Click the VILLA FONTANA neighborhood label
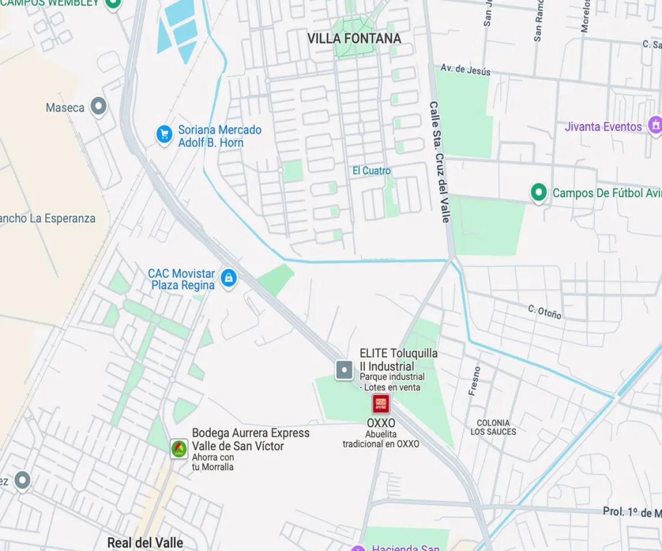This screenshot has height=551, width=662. click(354, 39)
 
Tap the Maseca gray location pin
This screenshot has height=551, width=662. click(99, 106)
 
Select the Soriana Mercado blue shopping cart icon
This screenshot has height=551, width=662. click(164, 134)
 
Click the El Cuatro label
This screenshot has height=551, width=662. click(371, 171)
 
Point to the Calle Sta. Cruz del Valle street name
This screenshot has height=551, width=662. click(440, 162)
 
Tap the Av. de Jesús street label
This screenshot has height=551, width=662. click(465, 69)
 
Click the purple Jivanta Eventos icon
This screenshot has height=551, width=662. click(655, 125)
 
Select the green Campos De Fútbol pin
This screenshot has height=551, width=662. click(538, 192)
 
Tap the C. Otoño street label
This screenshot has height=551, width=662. click(544, 312)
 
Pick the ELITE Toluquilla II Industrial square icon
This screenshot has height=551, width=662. click(344, 370)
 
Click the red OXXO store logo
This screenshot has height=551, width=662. click(381, 404)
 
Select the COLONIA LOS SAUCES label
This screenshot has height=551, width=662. click(493, 428)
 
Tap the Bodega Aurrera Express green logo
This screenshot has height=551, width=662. click(178, 448)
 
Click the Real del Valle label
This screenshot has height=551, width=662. click(145, 542)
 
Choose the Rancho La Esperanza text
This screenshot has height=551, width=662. click(47, 218)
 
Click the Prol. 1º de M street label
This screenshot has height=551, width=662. click(631, 512)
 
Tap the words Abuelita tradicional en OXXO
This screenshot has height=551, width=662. click(381, 439)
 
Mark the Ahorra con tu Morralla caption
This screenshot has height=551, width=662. click(213, 462)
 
